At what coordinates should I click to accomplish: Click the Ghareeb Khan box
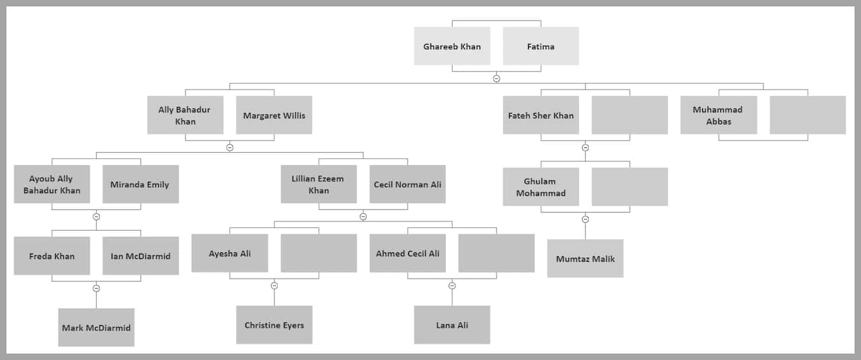click(452, 46)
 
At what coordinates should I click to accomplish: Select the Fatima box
click(541, 46)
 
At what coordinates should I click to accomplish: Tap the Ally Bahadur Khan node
click(185, 115)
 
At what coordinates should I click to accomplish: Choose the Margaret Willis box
click(274, 115)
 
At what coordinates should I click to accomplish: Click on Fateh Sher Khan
click(541, 115)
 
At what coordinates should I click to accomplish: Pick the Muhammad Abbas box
click(718, 115)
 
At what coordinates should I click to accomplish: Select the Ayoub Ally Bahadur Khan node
click(52, 184)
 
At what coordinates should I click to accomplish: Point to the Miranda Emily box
click(141, 184)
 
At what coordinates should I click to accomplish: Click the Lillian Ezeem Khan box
click(319, 184)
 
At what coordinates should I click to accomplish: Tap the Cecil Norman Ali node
click(408, 184)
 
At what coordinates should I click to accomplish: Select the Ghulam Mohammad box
click(541, 187)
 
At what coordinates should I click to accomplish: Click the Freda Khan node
click(52, 256)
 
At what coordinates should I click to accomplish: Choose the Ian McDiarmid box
click(141, 256)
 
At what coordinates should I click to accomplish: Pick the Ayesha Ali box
click(230, 253)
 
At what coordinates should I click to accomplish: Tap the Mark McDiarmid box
click(96, 328)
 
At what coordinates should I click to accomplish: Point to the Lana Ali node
click(452, 325)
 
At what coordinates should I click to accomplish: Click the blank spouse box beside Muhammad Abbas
click(807, 115)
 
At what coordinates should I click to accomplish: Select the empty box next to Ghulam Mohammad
click(630, 187)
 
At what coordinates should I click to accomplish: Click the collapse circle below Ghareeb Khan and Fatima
click(496, 79)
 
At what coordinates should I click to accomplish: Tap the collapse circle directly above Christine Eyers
click(274, 285)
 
